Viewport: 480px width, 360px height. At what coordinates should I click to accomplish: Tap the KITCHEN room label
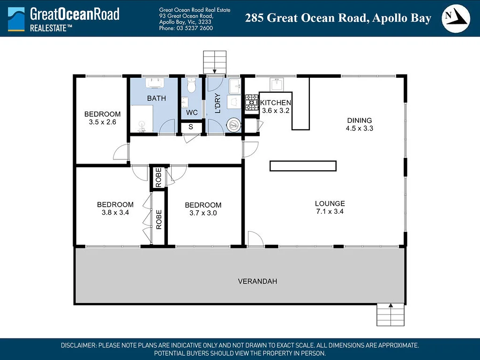(x=276, y=103)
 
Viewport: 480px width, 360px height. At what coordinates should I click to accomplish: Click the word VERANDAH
(x=257, y=281)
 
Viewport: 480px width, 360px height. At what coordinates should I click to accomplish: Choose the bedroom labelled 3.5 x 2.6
(x=102, y=118)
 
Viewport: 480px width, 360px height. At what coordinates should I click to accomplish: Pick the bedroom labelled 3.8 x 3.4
(x=115, y=208)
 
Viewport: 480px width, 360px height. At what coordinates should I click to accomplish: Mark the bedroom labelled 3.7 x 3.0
(x=203, y=209)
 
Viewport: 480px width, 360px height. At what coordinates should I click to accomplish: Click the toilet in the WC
(x=191, y=86)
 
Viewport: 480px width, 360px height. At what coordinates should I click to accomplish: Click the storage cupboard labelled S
(x=190, y=127)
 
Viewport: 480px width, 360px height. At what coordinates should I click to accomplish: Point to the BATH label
(x=156, y=98)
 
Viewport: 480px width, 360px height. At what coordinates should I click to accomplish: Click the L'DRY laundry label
(x=217, y=104)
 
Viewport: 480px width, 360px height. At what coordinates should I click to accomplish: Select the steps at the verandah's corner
(x=390, y=314)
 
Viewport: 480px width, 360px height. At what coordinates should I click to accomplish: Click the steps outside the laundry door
(x=214, y=60)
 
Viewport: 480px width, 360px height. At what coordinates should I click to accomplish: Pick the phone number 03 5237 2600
(x=186, y=28)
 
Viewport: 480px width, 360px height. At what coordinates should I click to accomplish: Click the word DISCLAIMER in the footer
(x=79, y=345)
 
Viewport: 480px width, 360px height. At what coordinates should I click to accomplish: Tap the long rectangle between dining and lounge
(x=303, y=165)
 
